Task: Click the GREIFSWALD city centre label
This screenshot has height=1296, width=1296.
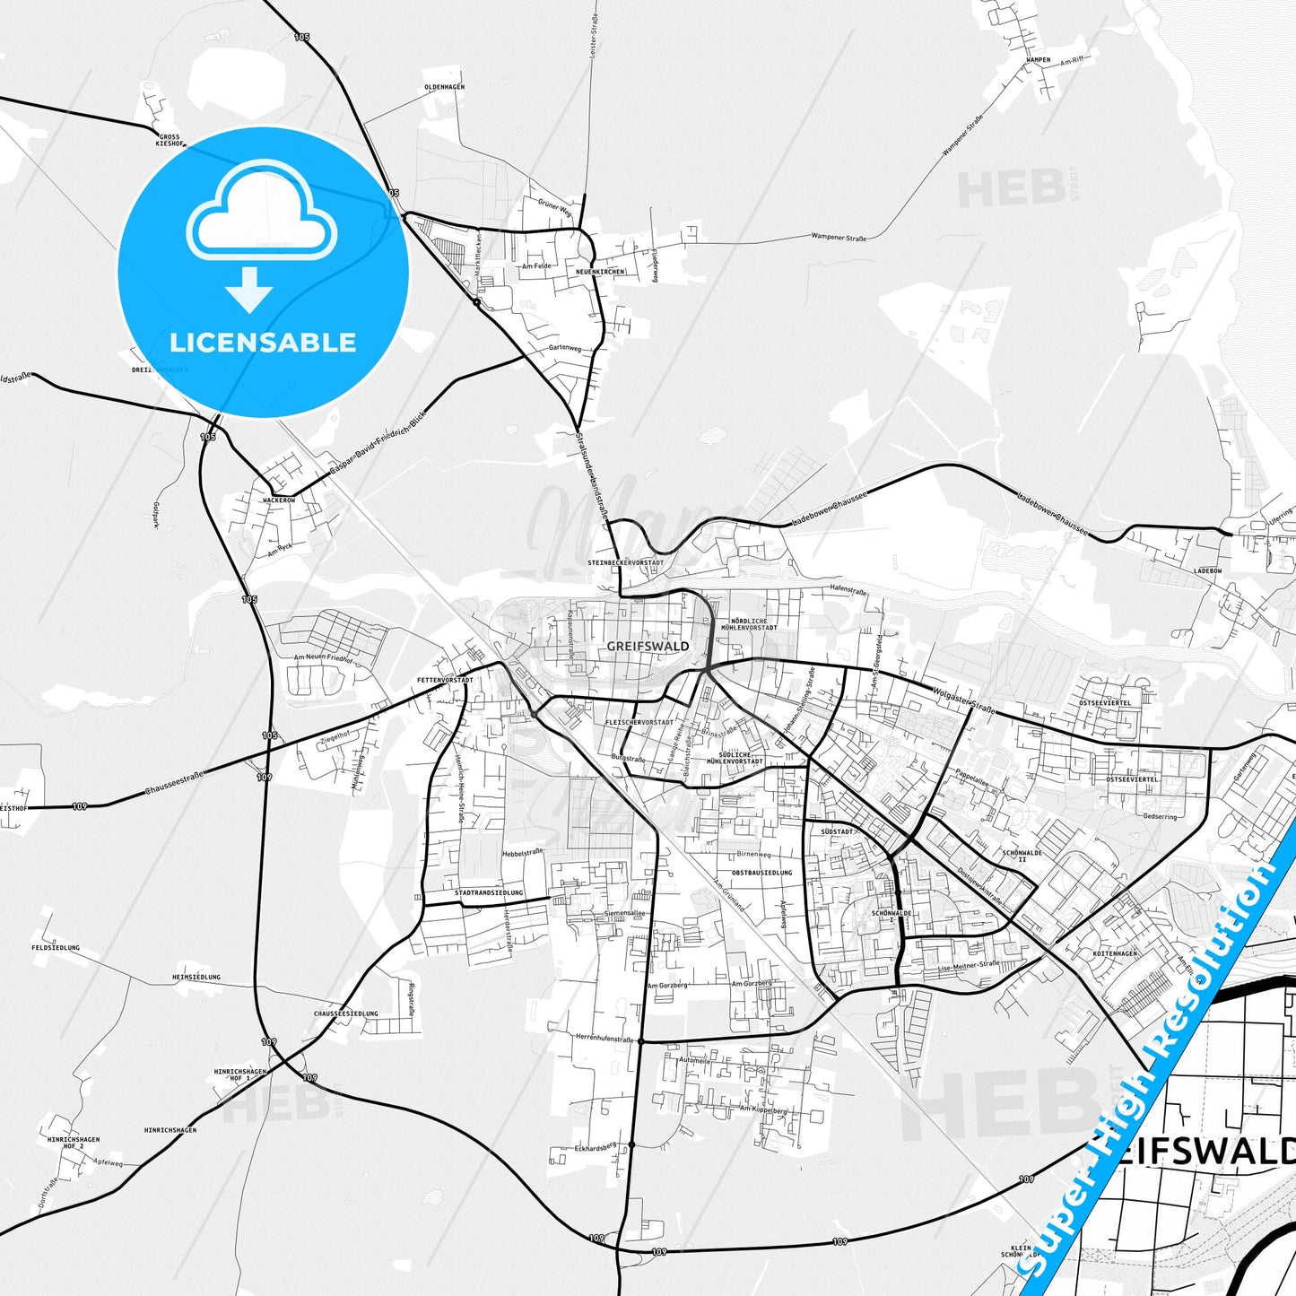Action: (648, 646)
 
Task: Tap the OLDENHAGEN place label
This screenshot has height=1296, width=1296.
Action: (444, 87)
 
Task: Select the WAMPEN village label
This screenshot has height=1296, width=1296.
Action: (1038, 60)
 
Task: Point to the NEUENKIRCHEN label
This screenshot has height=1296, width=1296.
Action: (600, 272)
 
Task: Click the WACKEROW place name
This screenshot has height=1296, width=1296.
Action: (279, 500)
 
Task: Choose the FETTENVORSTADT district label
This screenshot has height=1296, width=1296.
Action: (445, 681)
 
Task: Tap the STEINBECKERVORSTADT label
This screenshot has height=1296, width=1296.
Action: (625, 562)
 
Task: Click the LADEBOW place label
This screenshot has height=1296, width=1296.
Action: (1208, 570)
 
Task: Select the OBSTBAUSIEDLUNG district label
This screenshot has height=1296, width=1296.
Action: (761, 873)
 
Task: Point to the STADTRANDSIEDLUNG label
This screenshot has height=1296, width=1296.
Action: (489, 893)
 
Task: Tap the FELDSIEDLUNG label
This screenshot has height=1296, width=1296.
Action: (56, 947)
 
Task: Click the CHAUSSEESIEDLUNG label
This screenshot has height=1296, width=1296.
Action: (346, 1013)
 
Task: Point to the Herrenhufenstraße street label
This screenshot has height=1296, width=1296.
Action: (605, 1039)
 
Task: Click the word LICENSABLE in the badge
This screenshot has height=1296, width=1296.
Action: (263, 342)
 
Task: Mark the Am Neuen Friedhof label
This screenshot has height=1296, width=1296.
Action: (325, 657)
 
